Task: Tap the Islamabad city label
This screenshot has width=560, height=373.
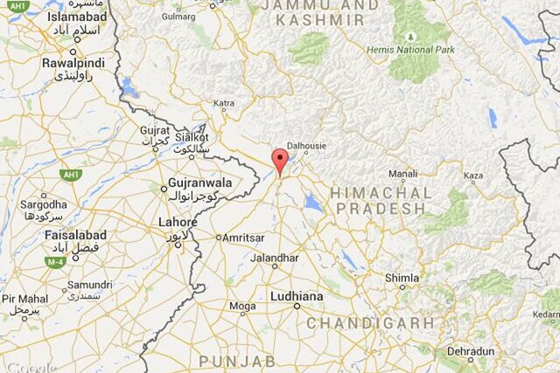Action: click(53, 17)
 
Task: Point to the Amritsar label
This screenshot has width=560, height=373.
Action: click(244, 238)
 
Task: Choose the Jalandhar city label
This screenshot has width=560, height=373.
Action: click(274, 258)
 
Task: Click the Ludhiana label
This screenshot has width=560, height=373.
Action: click(297, 297)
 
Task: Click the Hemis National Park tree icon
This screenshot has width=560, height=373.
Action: click(411, 38)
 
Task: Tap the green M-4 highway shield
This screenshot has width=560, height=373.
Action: click(55, 261)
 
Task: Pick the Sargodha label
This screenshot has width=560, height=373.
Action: click(43, 204)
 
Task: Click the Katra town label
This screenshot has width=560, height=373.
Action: click(224, 103)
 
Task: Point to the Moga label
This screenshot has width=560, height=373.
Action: click(242, 307)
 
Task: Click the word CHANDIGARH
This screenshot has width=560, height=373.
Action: click(370, 323)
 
